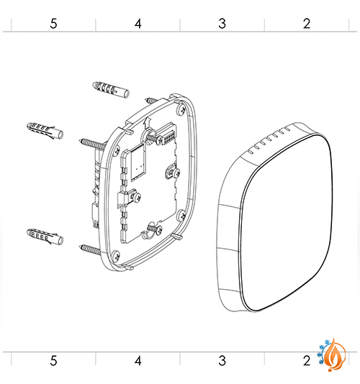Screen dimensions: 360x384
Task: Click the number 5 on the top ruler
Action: click(53, 24)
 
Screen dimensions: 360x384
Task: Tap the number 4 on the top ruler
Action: click(138, 24)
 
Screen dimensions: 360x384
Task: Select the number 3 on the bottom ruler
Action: click(222, 360)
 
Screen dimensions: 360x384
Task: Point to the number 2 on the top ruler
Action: click(307, 24)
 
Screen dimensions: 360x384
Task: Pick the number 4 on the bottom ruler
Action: click(138, 360)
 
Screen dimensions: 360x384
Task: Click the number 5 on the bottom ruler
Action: click(53, 360)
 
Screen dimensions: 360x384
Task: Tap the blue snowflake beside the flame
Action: click(322, 352)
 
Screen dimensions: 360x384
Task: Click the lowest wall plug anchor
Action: click(45, 237)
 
